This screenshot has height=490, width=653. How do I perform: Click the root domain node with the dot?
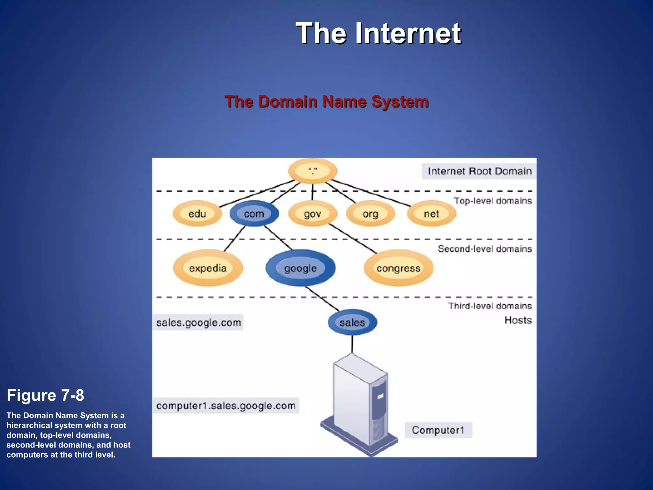tap(312, 171)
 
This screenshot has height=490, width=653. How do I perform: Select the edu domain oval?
tap(197, 214)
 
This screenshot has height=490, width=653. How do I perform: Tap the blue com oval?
tap(254, 214)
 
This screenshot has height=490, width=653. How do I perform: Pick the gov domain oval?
tap(312, 214)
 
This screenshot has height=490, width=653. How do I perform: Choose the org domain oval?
tap(370, 214)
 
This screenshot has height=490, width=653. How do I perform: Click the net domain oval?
tap(431, 214)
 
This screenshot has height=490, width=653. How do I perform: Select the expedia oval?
tap(208, 268)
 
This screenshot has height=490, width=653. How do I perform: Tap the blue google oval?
tap(300, 268)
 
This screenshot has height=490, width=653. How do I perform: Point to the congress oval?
tap(398, 268)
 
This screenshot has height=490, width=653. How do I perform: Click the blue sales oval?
tap(352, 323)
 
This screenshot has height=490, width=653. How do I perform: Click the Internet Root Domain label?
tap(479, 171)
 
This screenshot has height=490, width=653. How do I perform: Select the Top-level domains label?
tap(493, 201)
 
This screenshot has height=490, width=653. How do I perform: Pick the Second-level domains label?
tap(485, 249)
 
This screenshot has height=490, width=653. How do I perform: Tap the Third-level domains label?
tap(490, 306)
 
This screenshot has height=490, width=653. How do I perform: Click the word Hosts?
tap(518, 320)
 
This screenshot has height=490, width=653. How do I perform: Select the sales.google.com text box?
tap(198, 323)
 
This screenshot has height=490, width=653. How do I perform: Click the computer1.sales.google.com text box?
tap(226, 406)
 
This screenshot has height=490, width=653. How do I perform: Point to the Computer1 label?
tap(438, 430)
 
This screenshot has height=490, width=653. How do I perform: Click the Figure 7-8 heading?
tap(45, 396)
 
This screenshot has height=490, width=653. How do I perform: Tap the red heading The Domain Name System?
tap(326, 102)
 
